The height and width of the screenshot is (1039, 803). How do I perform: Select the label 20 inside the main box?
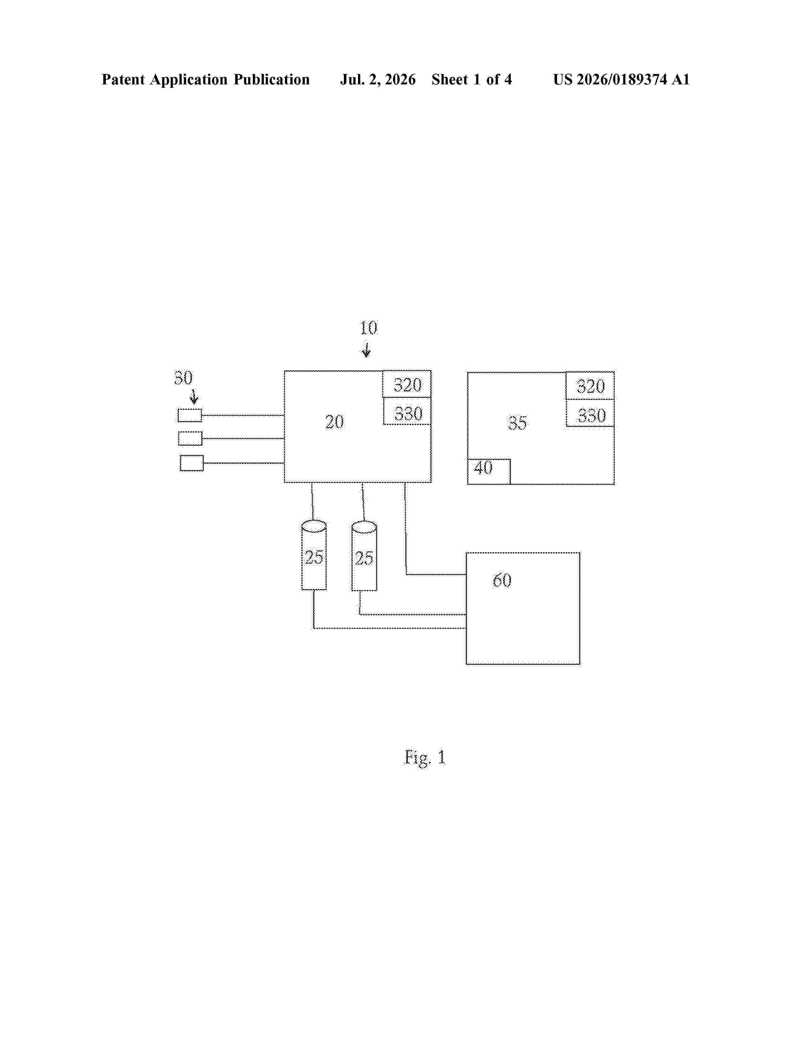point(334,422)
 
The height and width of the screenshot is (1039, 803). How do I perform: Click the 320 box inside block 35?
point(590,386)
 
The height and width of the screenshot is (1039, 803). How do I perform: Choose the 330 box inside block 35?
point(590,413)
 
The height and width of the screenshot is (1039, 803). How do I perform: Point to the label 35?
point(517,423)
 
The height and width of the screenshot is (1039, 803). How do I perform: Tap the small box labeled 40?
point(488,471)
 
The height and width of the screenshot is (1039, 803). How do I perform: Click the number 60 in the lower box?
point(502,580)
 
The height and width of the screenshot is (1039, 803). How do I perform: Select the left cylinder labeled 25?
point(314,555)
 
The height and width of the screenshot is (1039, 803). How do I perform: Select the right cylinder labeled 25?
point(364,556)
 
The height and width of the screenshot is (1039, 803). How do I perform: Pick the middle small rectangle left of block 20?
point(190,439)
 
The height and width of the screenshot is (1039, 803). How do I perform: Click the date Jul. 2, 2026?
point(378,79)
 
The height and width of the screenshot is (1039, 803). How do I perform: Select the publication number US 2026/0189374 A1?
point(621,79)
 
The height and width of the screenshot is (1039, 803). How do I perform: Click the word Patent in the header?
point(123,79)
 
